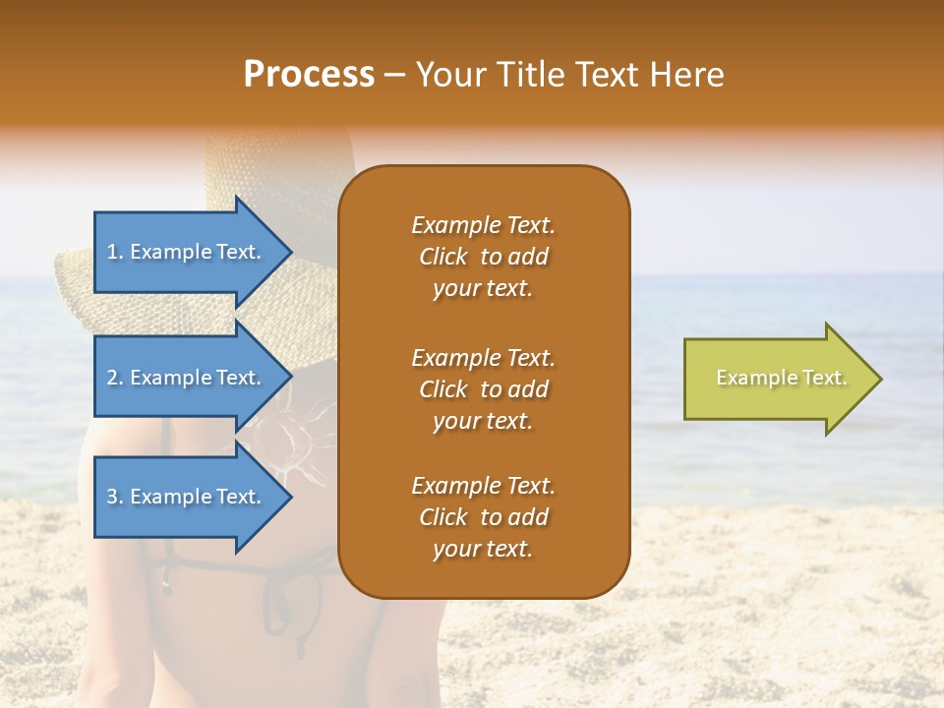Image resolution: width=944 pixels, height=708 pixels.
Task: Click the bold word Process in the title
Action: pyautogui.click(x=309, y=75)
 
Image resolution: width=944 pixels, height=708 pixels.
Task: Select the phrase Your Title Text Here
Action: pyautogui.click(x=569, y=75)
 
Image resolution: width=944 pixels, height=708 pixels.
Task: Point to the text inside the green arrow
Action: pyautogui.click(x=781, y=378)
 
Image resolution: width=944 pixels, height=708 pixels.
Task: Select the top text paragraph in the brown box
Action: pyautogui.click(x=483, y=257)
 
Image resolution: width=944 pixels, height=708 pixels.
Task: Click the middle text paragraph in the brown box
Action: pyautogui.click(x=483, y=389)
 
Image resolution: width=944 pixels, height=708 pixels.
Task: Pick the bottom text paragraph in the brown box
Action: pyautogui.click(x=483, y=517)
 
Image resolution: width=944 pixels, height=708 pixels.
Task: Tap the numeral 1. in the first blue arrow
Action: pyautogui.click(x=115, y=252)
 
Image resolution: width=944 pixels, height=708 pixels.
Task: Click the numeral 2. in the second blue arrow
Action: pyautogui.click(x=115, y=378)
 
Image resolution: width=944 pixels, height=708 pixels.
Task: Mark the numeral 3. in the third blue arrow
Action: pyautogui.click(x=115, y=497)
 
